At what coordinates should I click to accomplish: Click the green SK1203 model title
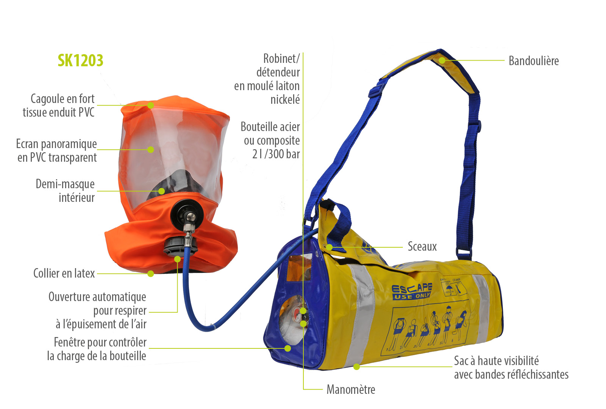[80, 60]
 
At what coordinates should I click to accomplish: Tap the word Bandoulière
[534, 61]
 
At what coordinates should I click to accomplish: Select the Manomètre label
[351, 390]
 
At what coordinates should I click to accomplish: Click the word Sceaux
[422, 247]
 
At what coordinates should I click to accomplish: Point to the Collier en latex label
[64, 273]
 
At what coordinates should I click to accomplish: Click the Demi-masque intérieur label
[65, 190]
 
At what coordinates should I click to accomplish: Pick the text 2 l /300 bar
[276, 154]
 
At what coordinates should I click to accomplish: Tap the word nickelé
[285, 100]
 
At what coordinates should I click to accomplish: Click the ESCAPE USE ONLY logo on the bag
[412, 291]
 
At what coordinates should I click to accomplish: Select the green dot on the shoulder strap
[442, 60]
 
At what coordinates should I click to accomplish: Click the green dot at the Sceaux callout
[329, 247]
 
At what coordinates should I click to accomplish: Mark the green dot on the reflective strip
[356, 367]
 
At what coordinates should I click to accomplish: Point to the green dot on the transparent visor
[151, 149]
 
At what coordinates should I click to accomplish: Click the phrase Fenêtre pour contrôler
[100, 342]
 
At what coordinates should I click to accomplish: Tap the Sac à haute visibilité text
[497, 361]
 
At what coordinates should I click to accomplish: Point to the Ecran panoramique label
[56, 144]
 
